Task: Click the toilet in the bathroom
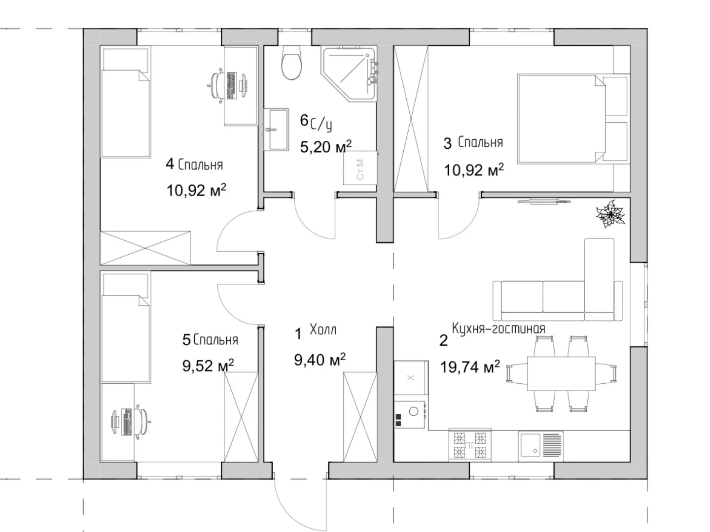click(x=291, y=63)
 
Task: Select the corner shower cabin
click(x=350, y=74)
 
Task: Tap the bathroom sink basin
click(x=276, y=130)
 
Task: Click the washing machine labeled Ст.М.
click(x=360, y=167)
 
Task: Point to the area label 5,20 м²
click(x=325, y=147)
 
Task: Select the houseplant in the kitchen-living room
click(x=611, y=213)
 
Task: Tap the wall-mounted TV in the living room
click(x=544, y=201)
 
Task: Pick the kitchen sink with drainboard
click(x=540, y=446)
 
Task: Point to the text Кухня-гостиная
click(x=498, y=329)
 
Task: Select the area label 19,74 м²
click(x=470, y=367)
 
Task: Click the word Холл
click(x=323, y=330)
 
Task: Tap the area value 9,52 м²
click(x=208, y=366)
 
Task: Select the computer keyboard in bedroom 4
click(x=231, y=85)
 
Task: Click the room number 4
click(x=170, y=164)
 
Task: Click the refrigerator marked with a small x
click(x=411, y=378)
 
